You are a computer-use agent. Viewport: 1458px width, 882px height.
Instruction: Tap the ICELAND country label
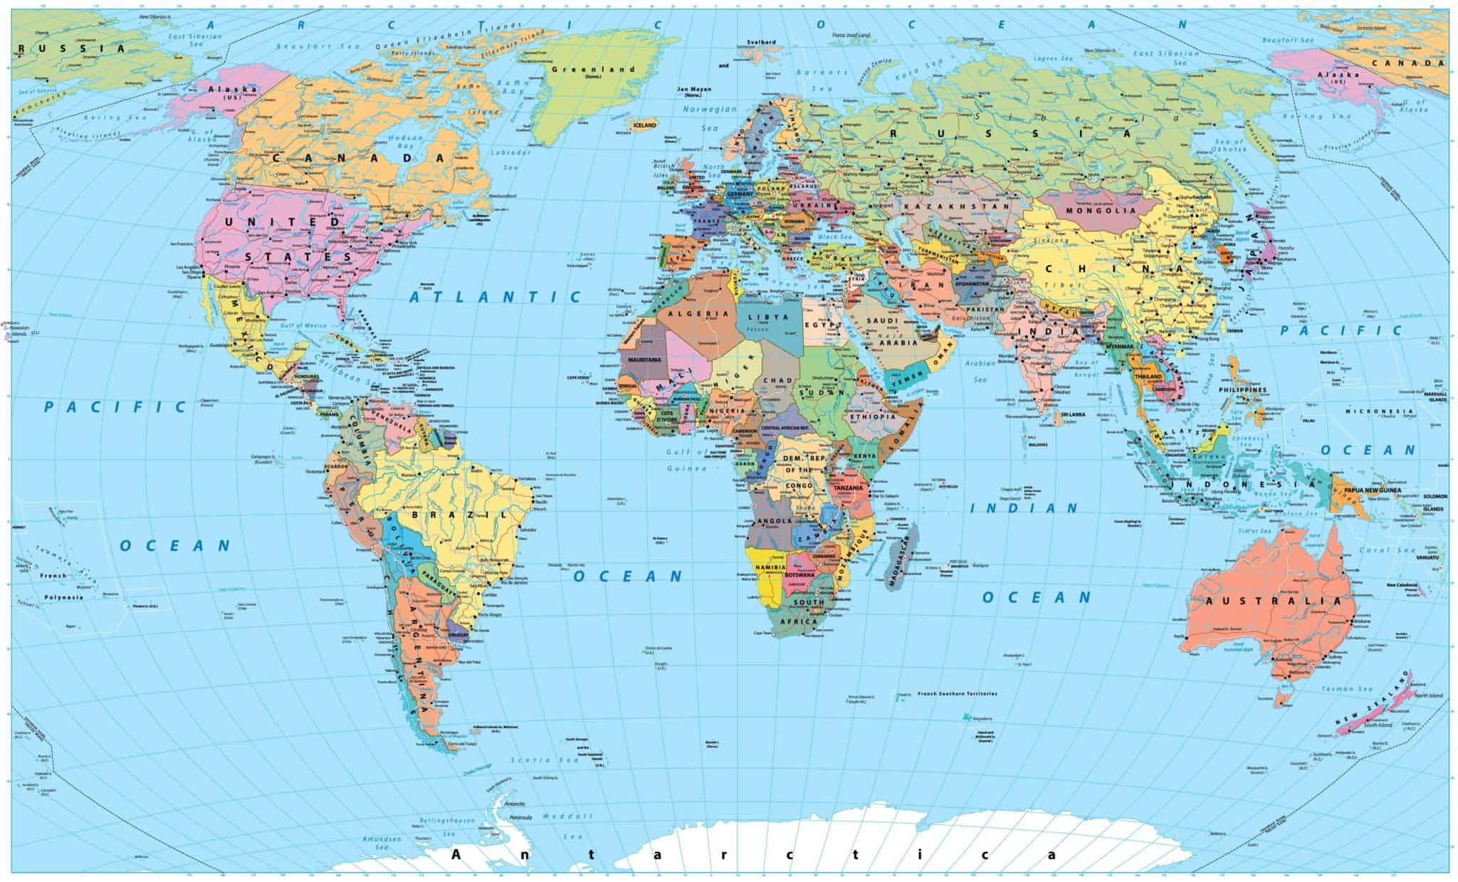[x=644, y=125]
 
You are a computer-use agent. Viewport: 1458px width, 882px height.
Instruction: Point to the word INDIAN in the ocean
[x=1024, y=508]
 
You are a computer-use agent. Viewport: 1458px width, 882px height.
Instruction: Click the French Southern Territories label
[x=958, y=693]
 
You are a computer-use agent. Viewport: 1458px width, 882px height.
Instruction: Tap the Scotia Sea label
[x=530, y=760]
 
